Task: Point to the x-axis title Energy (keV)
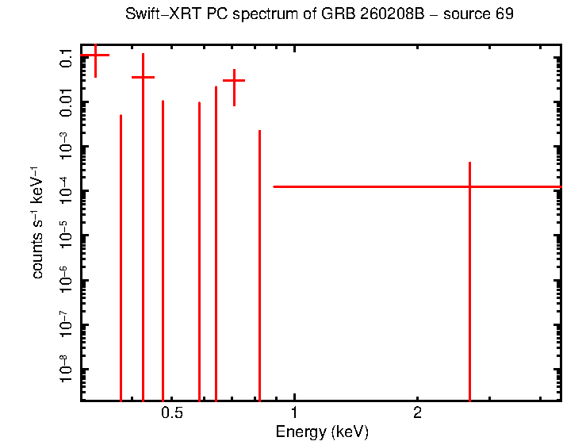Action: point(322,432)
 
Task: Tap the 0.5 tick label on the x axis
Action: point(171,413)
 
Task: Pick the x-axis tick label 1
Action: point(294,413)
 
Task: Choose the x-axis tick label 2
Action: point(417,413)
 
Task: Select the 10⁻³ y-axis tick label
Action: point(65,147)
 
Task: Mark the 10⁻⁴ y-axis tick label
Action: point(65,191)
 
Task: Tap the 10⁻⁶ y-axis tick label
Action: point(65,280)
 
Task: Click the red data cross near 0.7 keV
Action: point(234,80)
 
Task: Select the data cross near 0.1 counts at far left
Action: point(95,56)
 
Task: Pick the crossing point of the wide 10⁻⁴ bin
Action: point(469,186)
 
